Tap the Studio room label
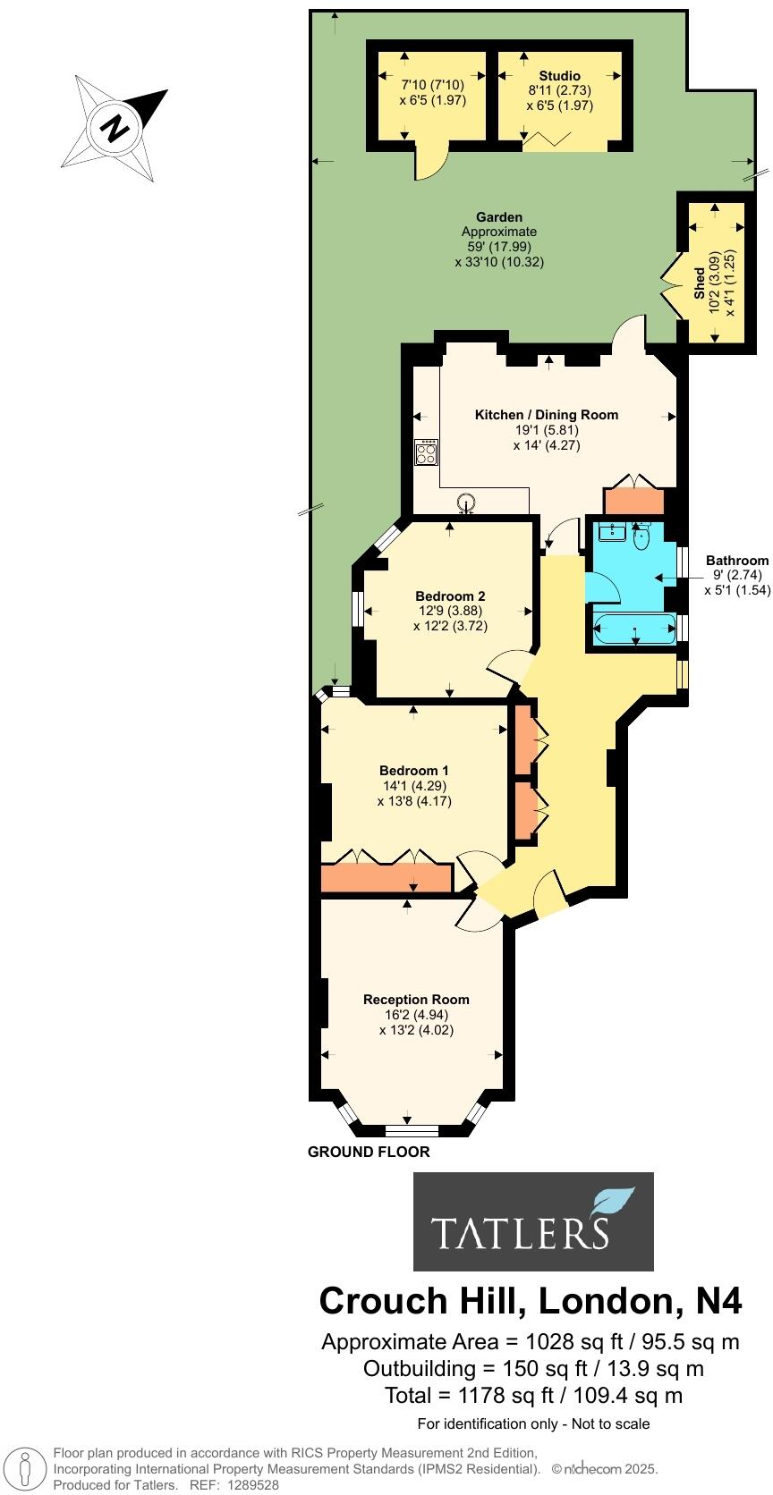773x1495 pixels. (x=559, y=76)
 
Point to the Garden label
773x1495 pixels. (x=498, y=217)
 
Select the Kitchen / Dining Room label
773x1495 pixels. (x=546, y=415)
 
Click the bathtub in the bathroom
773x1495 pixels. (x=635, y=630)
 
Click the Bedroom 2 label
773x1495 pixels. (x=450, y=596)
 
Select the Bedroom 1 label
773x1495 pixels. (x=413, y=771)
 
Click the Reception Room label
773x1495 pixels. (x=416, y=1000)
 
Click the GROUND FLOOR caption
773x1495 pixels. (x=369, y=1152)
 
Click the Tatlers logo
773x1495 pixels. (x=533, y=1221)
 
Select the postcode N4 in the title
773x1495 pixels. (x=718, y=1301)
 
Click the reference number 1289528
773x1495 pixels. (x=254, y=1484)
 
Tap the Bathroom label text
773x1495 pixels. (x=737, y=561)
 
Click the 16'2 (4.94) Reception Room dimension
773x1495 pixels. (x=416, y=1015)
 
